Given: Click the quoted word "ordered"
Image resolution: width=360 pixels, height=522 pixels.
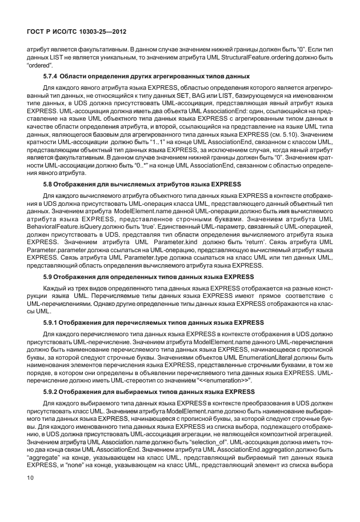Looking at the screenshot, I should pyautogui.click(x=40, y=66).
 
